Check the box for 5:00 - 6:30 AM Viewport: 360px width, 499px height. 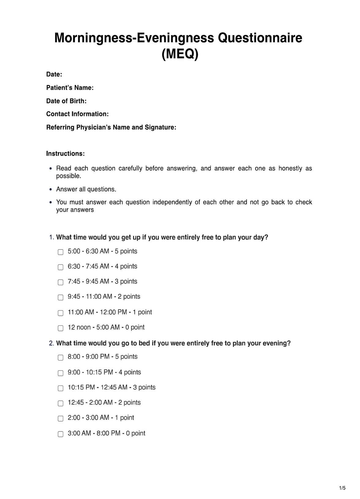[x=61, y=252]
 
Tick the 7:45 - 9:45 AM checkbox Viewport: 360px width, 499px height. [x=61, y=282]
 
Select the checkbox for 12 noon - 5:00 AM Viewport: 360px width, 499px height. [x=61, y=328]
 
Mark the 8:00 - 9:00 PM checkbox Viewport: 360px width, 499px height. [x=61, y=357]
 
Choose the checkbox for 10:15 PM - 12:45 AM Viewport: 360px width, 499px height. [x=61, y=388]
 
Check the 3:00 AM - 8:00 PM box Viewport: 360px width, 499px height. [x=61, y=434]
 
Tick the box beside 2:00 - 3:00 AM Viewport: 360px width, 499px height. [x=61, y=418]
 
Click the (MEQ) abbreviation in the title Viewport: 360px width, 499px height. [x=180, y=54]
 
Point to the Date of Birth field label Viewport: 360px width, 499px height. [x=66, y=101]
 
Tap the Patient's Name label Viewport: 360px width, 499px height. [x=70, y=88]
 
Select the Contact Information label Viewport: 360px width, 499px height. [x=77, y=114]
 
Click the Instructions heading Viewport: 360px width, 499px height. [x=66, y=154]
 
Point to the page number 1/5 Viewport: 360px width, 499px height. [x=342, y=488]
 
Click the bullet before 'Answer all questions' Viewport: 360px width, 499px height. [x=51, y=189]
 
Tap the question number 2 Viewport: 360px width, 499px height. [x=51, y=343]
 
